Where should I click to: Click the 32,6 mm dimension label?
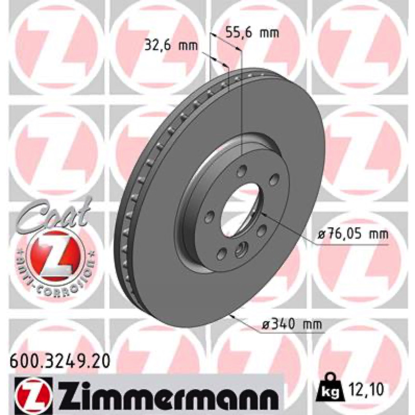click(x=171, y=46)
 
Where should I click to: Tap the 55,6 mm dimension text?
click(x=252, y=33)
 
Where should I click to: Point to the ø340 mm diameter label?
click(x=292, y=324)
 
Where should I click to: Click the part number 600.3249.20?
click(x=60, y=362)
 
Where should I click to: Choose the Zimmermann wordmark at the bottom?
click(x=165, y=395)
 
